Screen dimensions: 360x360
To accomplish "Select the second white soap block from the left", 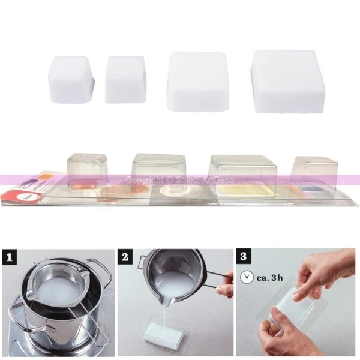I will [125, 79].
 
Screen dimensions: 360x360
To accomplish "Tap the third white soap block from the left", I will [197, 82].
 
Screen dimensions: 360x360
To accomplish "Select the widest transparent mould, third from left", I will [242, 171].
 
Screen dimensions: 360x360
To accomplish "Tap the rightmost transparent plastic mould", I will [313, 171].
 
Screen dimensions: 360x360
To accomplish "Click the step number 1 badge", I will [10, 259].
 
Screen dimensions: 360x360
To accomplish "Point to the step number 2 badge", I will [125, 259].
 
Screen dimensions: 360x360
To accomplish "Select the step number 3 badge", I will [243, 259].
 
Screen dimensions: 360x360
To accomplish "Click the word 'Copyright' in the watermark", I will [145, 180].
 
